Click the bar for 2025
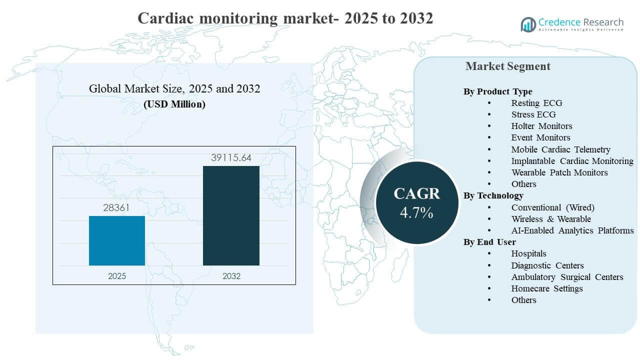(117, 240)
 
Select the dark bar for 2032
(231, 215)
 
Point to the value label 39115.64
(231, 158)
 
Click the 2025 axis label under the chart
(117, 275)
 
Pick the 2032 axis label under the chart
(231, 275)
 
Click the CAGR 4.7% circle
(416, 202)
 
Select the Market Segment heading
(507, 66)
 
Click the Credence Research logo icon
(528, 24)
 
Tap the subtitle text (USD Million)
(174, 104)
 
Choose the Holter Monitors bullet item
(541, 126)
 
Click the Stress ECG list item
(533, 114)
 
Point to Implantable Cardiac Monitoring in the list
(572, 161)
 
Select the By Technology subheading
(493, 195)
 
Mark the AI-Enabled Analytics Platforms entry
(572, 230)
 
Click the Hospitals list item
(528, 253)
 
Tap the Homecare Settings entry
(546, 288)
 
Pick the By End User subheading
(489, 242)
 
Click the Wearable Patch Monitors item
(559, 172)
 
